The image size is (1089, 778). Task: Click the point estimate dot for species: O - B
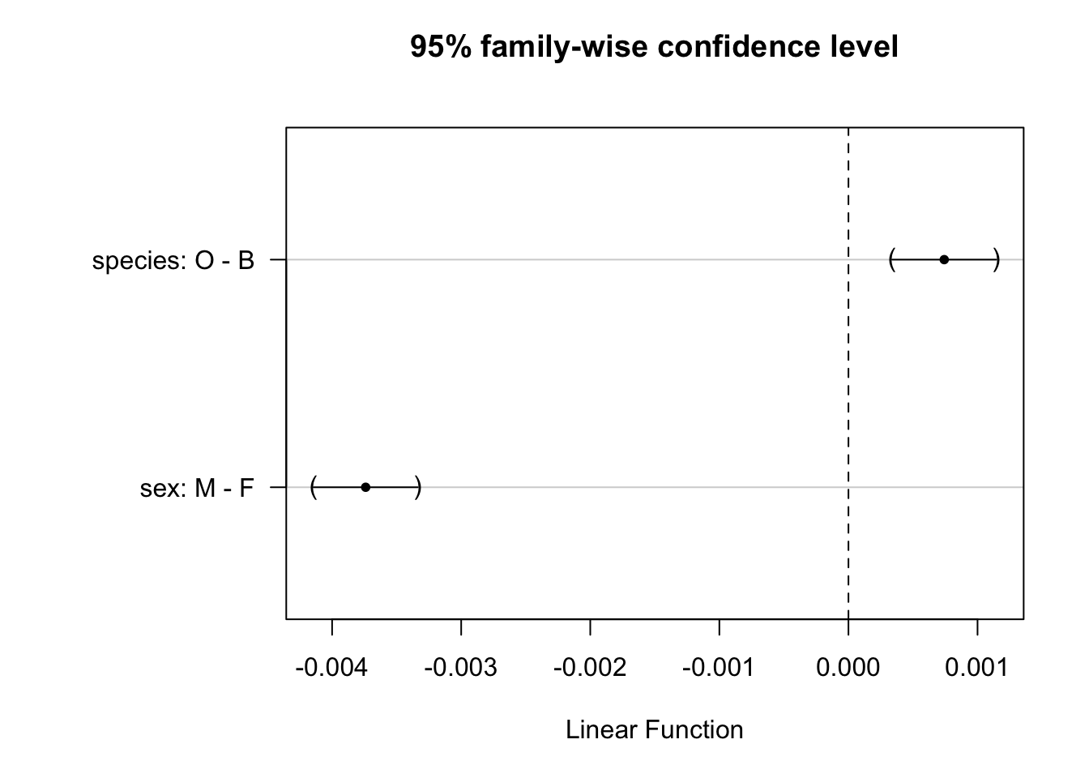coord(944,259)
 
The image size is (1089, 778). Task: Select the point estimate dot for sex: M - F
coord(365,487)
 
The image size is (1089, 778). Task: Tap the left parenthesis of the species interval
coord(892,259)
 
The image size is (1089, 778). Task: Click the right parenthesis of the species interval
coord(996,259)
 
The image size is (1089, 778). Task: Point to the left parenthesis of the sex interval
coord(314,487)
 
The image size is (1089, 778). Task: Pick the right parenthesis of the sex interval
coord(417,487)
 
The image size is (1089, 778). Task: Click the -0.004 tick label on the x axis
coord(331,667)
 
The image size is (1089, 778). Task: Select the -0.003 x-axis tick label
coord(461,667)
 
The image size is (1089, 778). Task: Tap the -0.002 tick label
coord(590,667)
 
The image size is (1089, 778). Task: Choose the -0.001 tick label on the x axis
coord(719,667)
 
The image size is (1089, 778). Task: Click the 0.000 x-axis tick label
coord(848,667)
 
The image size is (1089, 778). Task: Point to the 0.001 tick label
coord(976,667)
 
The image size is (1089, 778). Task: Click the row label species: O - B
coord(173,261)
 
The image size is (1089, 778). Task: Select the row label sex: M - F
coord(197,488)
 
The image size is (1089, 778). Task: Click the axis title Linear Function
coord(655,730)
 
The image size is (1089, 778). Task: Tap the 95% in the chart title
coord(441,47)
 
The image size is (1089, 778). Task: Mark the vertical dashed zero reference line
coord(848,373)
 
